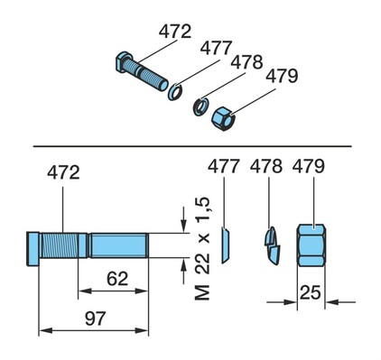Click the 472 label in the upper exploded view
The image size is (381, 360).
click(x=175, y=32)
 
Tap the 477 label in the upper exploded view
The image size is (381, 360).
click(x=216, y=48)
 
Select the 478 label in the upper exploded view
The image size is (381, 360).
click(x=246, y=62)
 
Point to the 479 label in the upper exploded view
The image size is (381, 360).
click(x=282, y=76)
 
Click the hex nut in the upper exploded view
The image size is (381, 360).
click(x=223, y=118)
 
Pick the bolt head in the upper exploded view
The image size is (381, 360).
click(x=123, y=62)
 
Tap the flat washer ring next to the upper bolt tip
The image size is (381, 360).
click(x=175, y=92)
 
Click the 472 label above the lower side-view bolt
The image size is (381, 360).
click(x=63, y=172)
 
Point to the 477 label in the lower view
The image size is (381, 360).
click(x=224, y=166)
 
